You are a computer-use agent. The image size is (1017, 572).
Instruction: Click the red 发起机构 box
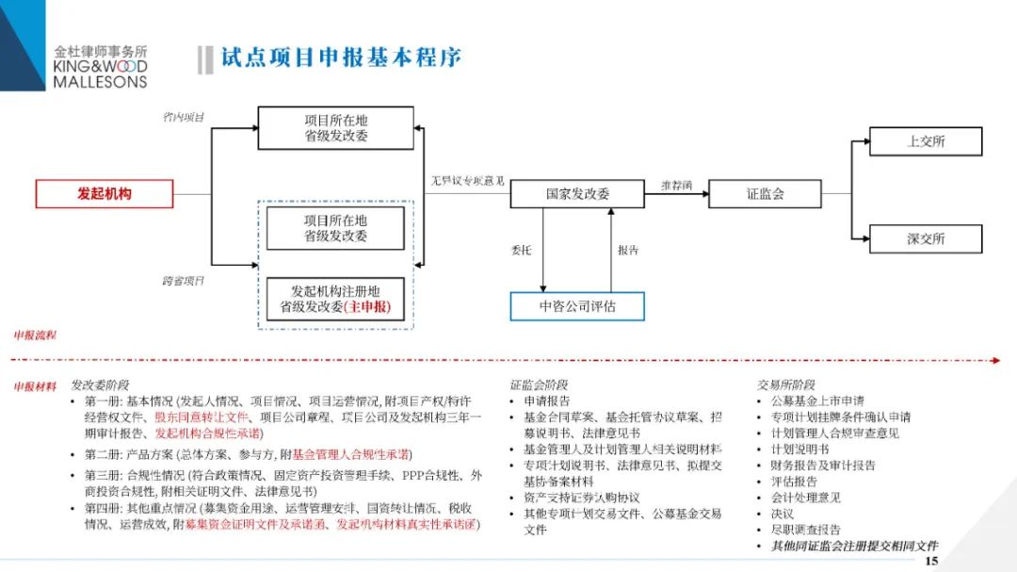tap(105, 194)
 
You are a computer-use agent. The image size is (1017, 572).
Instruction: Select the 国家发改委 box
tap(577, 194)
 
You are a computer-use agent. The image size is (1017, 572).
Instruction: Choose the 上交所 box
tap(926, 141)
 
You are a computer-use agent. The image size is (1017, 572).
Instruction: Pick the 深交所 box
tap(926, 239)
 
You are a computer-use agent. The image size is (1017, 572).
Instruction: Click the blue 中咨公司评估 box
tap(577, 306)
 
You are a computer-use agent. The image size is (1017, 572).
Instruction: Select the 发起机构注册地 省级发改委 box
tap(334, 299)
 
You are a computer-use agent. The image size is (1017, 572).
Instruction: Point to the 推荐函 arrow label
tap(676, 185)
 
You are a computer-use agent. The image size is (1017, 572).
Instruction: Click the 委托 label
tap(521, 251)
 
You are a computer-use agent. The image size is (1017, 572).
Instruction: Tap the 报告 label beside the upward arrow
tap(628, 251)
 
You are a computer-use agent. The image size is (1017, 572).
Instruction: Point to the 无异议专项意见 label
tap(468, 180)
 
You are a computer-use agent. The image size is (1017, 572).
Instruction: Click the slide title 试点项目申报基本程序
tap(341, 58)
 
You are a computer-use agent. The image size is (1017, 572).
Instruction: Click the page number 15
tap(932, 561)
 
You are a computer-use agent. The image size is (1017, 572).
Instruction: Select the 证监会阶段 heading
tap(540, 384)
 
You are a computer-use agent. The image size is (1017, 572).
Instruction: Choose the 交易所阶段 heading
tap(786, 384)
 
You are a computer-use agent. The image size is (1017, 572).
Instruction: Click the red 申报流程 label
tap(35, 335)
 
